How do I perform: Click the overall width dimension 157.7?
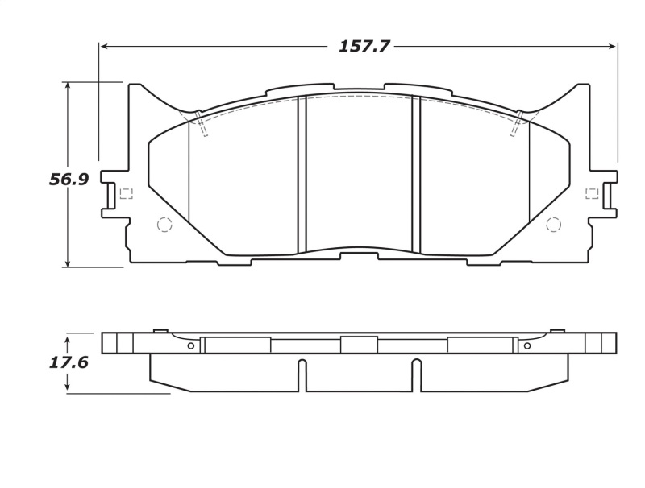click(364, 47)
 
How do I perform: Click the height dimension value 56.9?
click(69, 180)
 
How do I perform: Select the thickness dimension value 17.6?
click(69, 362)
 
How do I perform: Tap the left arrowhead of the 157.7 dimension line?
click(104, 47)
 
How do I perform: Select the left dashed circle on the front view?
click(164, 225)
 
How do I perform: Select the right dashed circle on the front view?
click(553, 225)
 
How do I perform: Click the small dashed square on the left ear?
click(126, 193)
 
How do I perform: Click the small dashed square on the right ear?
click(592, 193)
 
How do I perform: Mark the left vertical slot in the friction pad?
click(302, 175)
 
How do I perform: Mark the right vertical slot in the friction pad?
click(417, 175)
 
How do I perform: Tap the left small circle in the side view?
click(190, 346)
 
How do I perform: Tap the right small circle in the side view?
click(527, 346)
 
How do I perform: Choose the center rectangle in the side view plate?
click(359, 345)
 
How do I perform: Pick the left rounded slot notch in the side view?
click(302, 374)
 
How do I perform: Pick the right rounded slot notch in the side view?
click(417, 374)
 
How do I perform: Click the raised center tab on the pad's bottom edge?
click(359, 255)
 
